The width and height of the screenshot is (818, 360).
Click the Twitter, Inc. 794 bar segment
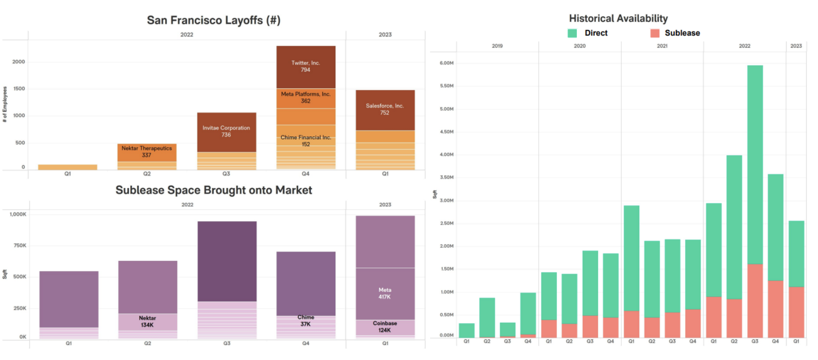pyautogui.click(x=306, y=67)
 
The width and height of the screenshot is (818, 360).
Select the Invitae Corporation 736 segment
pyautogui.click(x=226, y=132)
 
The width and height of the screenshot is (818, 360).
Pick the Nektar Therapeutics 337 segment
pyautogui.click(x=147, y=152)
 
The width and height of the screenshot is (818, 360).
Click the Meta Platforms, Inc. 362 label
pyautogui.click(x=306, y=97)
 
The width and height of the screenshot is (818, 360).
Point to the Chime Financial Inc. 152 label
pyautogui.click(x=306, y=140)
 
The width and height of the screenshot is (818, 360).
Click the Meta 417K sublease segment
pyautogui.click(x=385, y=294)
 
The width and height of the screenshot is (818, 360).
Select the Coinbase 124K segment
pyautogui.click(x=385, y=327)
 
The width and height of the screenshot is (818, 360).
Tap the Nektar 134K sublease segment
pyautogui.click(x=147, y=322)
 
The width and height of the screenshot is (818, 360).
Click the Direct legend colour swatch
pyautogui.click(x=572, y=33)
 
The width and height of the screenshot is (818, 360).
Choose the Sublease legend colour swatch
pyautogui.click(x=655, y=33)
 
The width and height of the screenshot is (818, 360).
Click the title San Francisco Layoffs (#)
pyautogui.click(x=214, y=20)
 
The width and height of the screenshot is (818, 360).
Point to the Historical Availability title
pyautogui.click(x=618, y=18)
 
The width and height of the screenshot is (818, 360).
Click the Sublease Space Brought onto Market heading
pyautogui.click(x=214, y=190)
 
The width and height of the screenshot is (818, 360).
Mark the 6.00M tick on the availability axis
pyautogui.click(x=446, y=63)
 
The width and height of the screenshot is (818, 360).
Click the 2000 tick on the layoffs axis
pyautogui.click(x=18, y=62)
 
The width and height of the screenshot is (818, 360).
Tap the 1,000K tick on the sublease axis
pyautogui.click(x=18, y=215)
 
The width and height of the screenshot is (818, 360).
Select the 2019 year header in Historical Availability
pyautogui.click(x=497, y=46)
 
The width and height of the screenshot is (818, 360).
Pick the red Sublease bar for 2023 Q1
pyautogui.click(x=796, y=312)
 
